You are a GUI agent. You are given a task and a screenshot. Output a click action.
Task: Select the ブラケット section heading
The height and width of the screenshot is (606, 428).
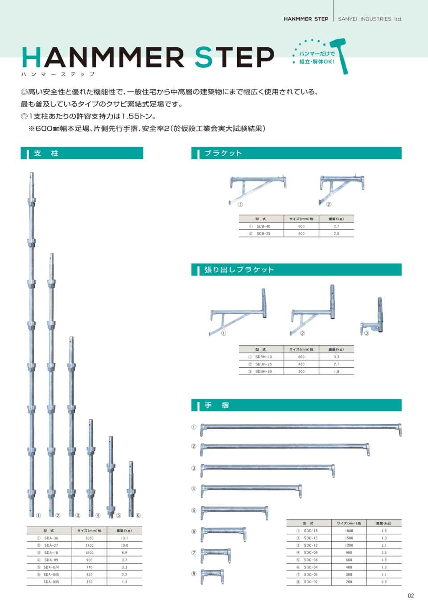[x=223, y=154]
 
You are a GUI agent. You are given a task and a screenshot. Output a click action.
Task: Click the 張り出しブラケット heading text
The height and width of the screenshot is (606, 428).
[x=239, y=270]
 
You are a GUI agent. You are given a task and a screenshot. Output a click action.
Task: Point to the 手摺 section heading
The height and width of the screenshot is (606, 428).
[x=217, y=405]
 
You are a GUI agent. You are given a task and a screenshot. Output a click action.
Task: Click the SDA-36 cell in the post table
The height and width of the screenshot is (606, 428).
[x=51, y=538]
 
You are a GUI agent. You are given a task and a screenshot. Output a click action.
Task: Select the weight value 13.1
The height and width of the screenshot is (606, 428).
[x=124, y=538]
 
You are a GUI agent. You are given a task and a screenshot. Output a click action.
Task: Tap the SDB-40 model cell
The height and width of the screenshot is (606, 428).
[x=263, y=226]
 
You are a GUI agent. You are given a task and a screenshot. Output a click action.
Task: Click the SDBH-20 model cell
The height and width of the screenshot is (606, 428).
[x=263, y=371]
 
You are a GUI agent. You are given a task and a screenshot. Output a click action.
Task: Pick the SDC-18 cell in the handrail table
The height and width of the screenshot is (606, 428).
[x=311, y=531]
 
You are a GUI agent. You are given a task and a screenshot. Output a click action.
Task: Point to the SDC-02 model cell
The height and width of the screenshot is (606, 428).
[x=311, y=582]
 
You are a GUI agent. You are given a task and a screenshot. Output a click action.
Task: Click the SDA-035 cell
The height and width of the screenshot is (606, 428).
[x=51, y=582]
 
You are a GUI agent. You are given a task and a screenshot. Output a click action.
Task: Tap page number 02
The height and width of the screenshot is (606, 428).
[x=411, y=596]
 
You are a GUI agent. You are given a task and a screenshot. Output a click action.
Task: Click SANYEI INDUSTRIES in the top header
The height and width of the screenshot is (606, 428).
[x=370, y=19]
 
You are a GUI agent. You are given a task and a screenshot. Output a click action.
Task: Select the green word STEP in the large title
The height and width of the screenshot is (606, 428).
[x=234, y=58]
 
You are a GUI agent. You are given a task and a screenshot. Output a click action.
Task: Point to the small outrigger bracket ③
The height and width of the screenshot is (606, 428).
[x=374, y=318]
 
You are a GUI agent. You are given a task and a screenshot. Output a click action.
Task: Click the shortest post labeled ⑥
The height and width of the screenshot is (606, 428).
[x=131, y=489]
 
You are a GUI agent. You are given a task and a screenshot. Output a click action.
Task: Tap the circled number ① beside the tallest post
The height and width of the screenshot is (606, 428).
[x=39, y=515]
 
